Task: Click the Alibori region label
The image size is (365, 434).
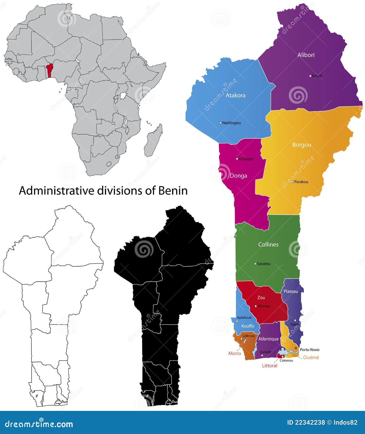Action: coord(306,55)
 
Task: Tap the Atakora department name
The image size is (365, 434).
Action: coord(236,95)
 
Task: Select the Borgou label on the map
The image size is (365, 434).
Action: coord(302,145)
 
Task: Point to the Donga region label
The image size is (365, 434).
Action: coord(238,176)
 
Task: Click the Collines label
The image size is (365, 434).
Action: coord(268,244)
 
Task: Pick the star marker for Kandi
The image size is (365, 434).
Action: coord(310,76)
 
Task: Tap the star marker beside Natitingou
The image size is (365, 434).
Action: coord(220,123)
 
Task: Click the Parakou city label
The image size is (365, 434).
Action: coord(301,182)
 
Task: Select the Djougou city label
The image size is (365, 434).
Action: coord(246,159)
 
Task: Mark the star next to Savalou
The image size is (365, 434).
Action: coord(255,264)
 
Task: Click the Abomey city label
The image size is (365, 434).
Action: coord(264,306)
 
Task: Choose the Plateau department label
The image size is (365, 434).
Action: coord(291,291)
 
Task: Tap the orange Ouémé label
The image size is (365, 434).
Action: coord(311,357)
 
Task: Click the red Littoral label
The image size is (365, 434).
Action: coord(269,365)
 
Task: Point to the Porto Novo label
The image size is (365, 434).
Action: coord(310,350)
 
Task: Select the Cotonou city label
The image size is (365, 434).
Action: coord(286,360)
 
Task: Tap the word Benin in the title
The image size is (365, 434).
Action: coord(173,191)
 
